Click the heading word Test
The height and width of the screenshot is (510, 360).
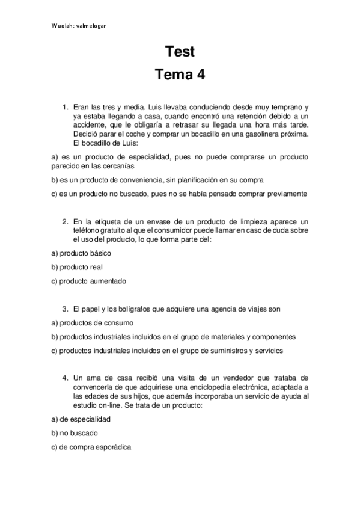coord(180,52)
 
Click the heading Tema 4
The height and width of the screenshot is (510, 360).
coord(180,75)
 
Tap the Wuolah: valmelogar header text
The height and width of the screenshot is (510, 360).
coord(79,25)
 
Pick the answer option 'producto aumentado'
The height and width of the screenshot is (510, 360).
coord(88,280)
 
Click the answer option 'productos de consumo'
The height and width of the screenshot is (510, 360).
coord(90,323)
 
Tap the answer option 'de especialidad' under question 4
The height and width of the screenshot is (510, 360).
coord(81,420)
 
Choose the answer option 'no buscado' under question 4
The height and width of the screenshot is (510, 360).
coord(75,433)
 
